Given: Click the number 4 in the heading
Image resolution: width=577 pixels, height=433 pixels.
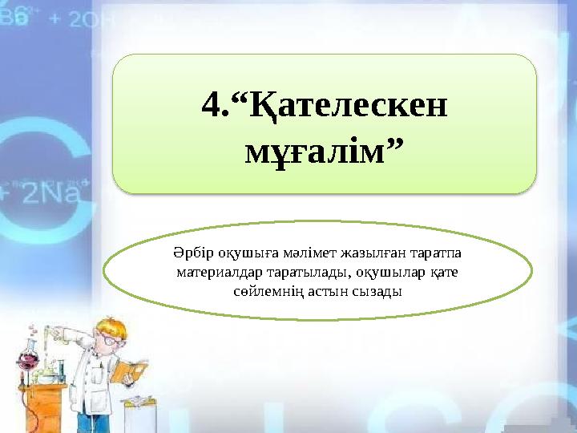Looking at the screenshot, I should click(212, 104).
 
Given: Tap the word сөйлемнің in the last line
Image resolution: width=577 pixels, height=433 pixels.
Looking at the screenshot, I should click(261, 291).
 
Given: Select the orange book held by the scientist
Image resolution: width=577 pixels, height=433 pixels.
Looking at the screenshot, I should click(131, 370).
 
